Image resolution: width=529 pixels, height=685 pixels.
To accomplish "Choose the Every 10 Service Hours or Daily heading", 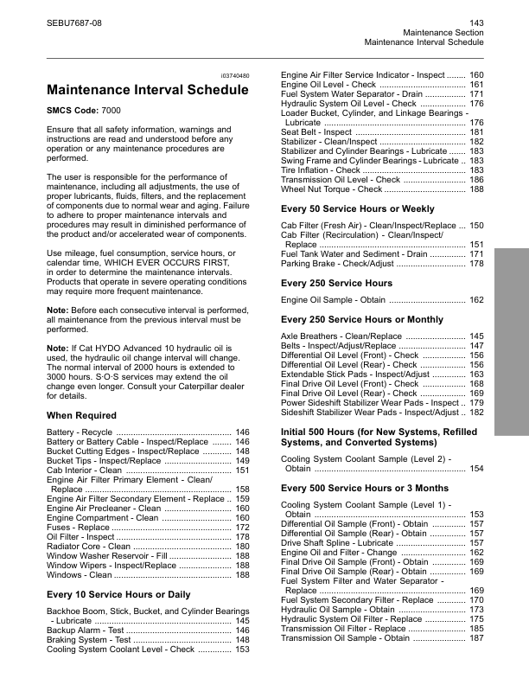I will [118, 595].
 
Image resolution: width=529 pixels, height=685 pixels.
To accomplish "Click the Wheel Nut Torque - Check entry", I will [332, 189].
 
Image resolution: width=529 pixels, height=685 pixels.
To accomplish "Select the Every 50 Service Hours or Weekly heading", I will [358, 209].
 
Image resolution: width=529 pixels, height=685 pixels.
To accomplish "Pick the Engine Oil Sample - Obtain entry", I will [333, 300].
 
